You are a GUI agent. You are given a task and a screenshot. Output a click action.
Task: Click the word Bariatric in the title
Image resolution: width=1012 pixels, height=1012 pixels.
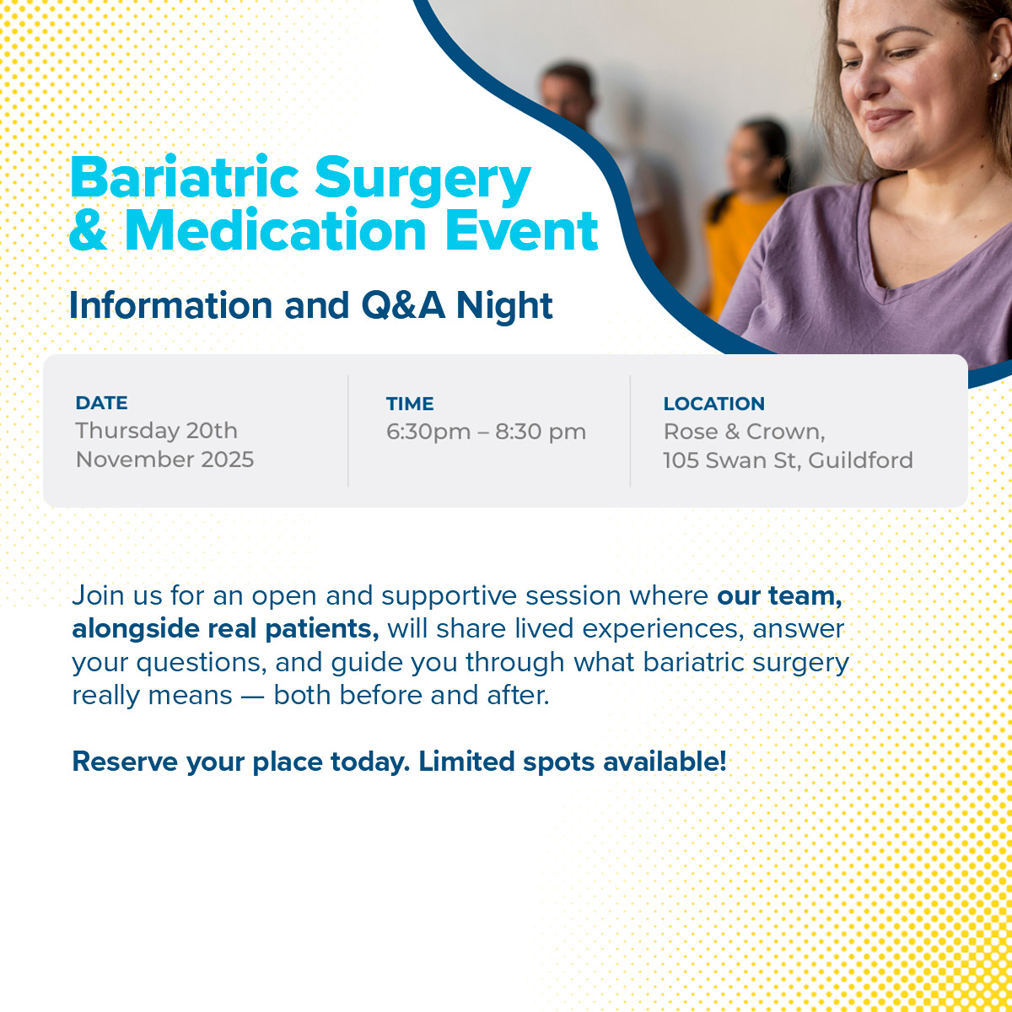click(x=185, y=176)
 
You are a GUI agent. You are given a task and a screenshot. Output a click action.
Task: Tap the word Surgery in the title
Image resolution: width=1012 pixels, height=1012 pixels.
click(x=423, y=181)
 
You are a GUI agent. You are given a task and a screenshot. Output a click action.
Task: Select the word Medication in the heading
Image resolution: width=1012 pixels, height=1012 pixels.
click(x=276, y=230)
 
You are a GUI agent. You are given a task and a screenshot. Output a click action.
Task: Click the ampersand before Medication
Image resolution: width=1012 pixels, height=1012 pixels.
click(x=89, y=230)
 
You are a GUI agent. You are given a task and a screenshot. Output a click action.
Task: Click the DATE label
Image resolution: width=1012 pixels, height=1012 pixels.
click(x=101, y=403)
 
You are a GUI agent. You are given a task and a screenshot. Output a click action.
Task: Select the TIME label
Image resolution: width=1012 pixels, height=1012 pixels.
click(x=410, y=404)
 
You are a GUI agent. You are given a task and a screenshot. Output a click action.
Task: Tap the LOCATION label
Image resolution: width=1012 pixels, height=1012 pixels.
click(x=713, y=404)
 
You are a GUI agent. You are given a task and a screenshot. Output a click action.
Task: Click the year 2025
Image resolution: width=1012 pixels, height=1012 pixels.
click(x=228, y=460)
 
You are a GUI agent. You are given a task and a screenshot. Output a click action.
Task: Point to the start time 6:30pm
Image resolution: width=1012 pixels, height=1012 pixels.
click(x=428, y=433)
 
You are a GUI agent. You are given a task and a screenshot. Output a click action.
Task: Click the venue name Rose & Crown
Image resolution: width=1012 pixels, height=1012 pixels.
click(x=744, y=433)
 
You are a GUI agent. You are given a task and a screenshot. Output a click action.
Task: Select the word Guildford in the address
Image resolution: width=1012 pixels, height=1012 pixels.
click(x=860, y=460)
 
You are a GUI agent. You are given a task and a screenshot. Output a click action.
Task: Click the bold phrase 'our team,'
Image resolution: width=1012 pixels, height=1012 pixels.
click(x=779, y=595)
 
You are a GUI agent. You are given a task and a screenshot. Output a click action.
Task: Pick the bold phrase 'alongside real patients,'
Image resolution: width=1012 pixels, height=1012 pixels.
click(x=225, y=628)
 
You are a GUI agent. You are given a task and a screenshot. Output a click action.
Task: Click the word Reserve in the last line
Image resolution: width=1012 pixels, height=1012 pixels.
click(x=125, y=762)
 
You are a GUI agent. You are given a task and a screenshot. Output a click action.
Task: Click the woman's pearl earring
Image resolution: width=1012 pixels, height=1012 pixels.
click(x=995, y=76)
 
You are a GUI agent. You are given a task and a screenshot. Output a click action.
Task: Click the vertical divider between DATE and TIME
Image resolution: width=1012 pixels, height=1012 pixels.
click(x=347, y=431)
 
